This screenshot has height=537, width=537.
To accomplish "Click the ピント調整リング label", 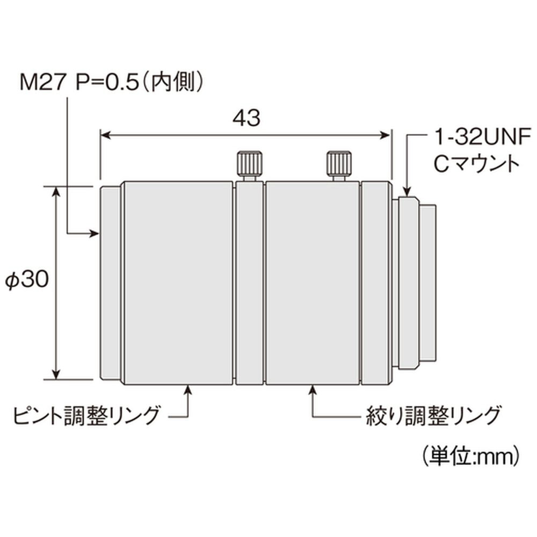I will coord(86,415).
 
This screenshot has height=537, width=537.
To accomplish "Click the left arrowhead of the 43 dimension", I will coord(105,135).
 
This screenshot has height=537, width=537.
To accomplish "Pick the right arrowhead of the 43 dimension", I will coord(386,135).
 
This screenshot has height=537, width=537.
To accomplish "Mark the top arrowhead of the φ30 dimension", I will coord(55,192).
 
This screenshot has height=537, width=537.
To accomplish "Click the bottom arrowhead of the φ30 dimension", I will coord(55,374).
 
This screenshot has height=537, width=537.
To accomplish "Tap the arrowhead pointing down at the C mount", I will coord(407,191).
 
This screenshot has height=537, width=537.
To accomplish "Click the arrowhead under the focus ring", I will coord(187,390).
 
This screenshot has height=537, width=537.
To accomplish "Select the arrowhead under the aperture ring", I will coord(313,390).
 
